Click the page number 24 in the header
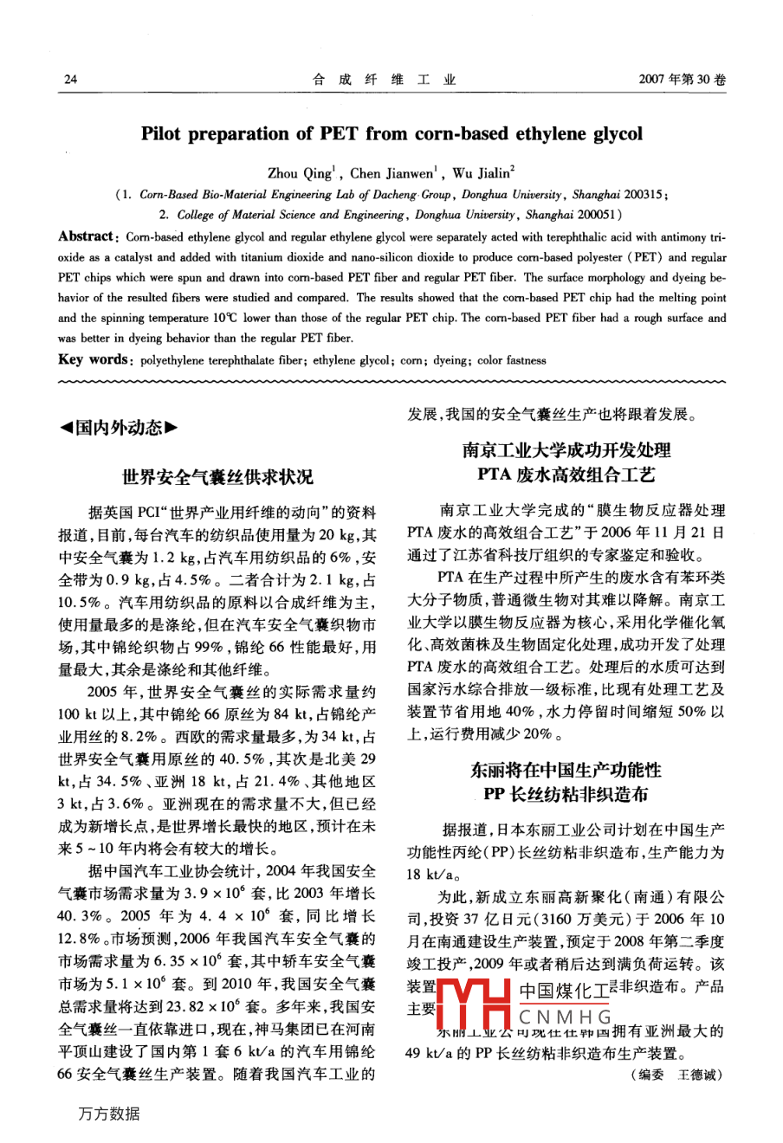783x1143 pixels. tap(71, 80)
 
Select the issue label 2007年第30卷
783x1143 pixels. tap(682, 80)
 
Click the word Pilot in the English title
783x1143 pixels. tap(161, 134)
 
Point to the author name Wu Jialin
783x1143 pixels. tap(482, 173)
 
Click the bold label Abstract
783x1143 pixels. tap(86, 236)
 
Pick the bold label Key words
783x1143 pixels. tap(92, 360)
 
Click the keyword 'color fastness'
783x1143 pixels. tap(511, 360)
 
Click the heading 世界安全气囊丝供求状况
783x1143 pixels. tap(217, 477)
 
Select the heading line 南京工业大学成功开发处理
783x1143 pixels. tap(566, 450)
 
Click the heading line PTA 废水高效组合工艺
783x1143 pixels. tap(566, 475)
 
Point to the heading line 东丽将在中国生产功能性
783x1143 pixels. tap(566, 770)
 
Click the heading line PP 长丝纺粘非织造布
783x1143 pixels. tap(566, 794)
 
